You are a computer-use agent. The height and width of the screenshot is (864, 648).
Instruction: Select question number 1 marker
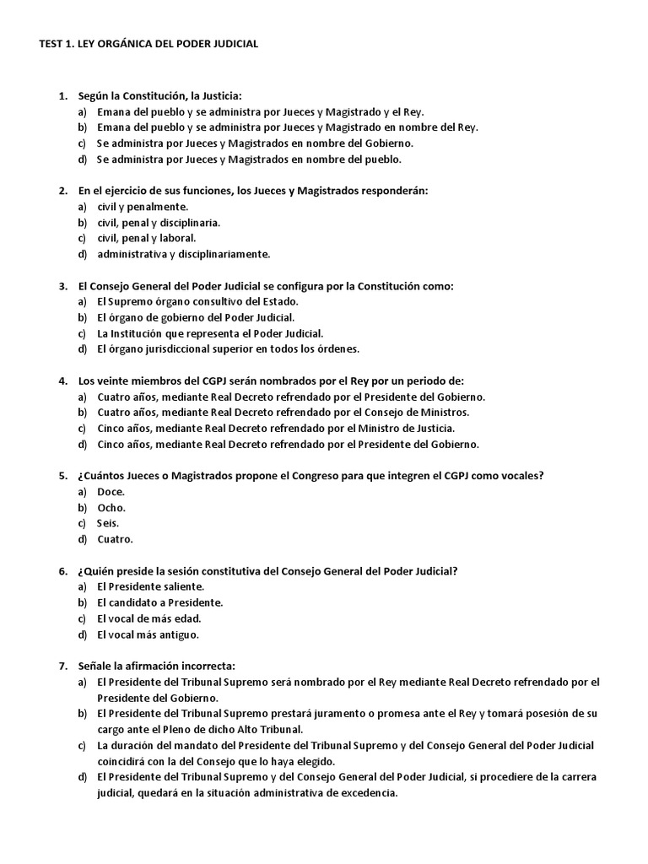point(62,96)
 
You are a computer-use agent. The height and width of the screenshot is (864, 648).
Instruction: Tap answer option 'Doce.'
point(111,491)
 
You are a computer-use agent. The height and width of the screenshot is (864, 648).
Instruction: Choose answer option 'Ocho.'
point(111,507)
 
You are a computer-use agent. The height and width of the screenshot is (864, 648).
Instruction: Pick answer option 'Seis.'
point(110,523)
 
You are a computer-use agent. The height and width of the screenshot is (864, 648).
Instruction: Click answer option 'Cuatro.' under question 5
point(115,539)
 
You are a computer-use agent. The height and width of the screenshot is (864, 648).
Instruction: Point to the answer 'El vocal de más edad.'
point(148,618)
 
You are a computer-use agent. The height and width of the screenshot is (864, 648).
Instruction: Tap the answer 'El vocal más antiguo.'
point(148,634)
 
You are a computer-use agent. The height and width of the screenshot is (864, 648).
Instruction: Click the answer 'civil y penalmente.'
point(143,206)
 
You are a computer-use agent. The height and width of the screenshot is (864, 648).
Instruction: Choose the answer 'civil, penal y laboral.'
point(146,238)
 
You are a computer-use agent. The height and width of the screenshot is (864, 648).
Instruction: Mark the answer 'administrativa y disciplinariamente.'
point(183,254)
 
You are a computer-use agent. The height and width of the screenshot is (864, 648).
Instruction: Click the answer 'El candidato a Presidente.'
point(159,602)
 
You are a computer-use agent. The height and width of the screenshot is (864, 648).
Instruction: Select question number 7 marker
point(62,666)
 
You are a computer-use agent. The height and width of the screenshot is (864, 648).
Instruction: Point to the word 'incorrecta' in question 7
point(208,666)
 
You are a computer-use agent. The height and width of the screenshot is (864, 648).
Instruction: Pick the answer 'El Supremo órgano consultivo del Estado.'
point(197,301)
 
